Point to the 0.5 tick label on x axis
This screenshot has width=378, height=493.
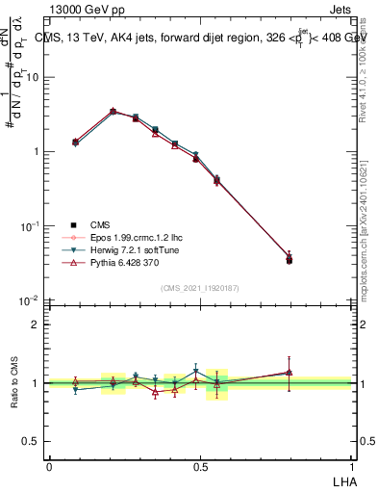pyautogui.click(x=200, y=465)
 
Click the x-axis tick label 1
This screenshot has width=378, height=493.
pyautogui.click(x=352, y=465)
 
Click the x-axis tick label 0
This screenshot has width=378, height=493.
pyautogui.click(x=49, y=465)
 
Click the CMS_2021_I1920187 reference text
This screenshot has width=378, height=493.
pyautogui.click(x=200, y=287)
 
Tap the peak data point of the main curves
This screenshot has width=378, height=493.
pyautogui.click(x=113, y=112)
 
